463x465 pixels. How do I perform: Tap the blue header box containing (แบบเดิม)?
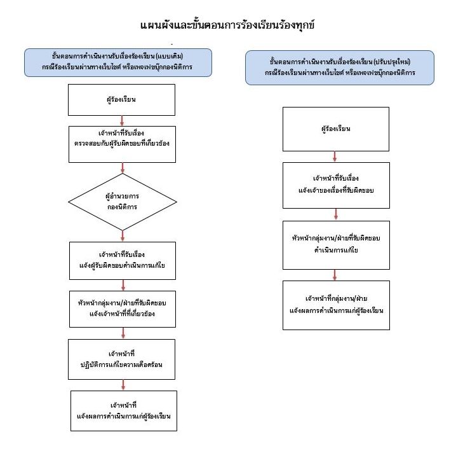coord(123,61)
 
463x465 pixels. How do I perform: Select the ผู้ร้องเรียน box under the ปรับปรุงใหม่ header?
coord(336,129)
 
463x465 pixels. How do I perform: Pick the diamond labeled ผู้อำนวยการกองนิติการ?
coord(123,202)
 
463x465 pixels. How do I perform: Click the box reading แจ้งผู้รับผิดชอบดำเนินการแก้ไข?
coord(123,260)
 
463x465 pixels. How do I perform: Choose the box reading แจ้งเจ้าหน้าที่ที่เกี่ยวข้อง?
coord(123,309)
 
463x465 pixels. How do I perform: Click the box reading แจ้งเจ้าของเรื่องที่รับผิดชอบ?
coord(336,184)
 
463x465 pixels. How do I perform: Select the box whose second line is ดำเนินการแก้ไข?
coord(336,244)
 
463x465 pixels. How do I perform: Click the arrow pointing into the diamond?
coord(123,167)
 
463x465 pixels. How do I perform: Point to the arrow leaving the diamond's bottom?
coord(123,236)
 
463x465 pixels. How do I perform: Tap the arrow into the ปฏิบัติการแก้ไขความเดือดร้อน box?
coord(123,334)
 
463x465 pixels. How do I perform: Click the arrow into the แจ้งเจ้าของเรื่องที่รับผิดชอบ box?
coord(336,156)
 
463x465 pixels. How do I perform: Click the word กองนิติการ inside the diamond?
coord(123,207)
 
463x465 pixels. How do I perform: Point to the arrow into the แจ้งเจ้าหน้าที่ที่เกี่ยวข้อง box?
coord(123,285)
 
